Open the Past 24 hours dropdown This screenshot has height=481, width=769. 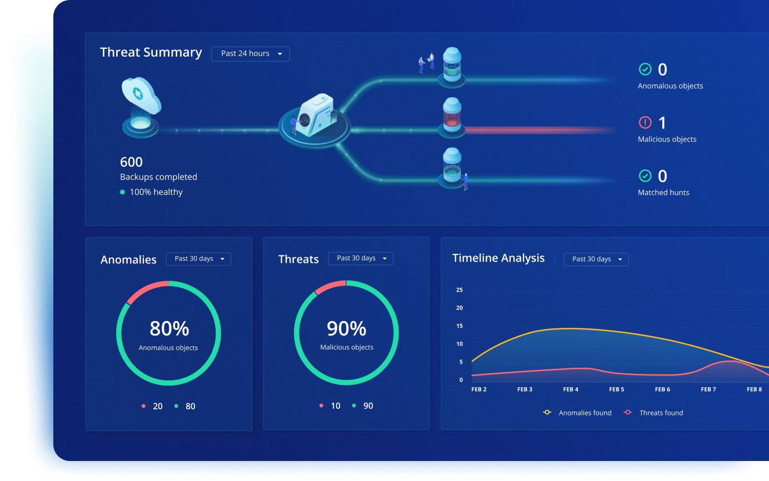point(250,54)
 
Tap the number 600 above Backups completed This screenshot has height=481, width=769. point(131,162)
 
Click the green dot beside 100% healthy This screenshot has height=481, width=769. point(122,192)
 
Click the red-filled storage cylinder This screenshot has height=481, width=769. point(451,117)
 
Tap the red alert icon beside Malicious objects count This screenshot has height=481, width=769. point(645,122)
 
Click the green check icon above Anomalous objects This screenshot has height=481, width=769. point(645,69)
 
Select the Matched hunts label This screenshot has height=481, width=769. point(663,193)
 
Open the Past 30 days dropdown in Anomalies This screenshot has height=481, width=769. point(198,259)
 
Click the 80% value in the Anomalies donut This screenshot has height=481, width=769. point(169,329)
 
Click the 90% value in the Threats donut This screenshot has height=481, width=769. point(346,329)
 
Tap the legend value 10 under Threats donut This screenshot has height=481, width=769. point(335,406)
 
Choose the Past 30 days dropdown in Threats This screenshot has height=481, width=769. point(361,258)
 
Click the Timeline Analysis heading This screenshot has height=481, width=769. point(498,258)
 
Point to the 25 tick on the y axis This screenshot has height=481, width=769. point(459,290)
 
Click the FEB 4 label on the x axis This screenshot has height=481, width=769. point(571,389)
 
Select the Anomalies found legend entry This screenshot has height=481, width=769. point(578,413)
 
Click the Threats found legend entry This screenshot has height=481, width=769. point(654,413)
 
